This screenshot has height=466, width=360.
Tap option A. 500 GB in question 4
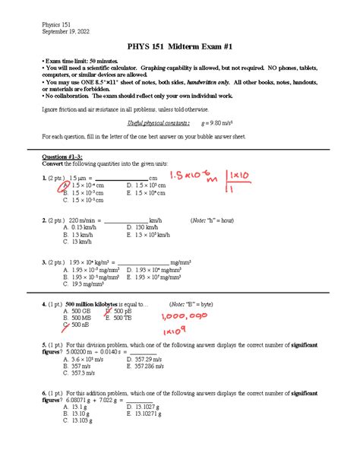click(x=81, y=310)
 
